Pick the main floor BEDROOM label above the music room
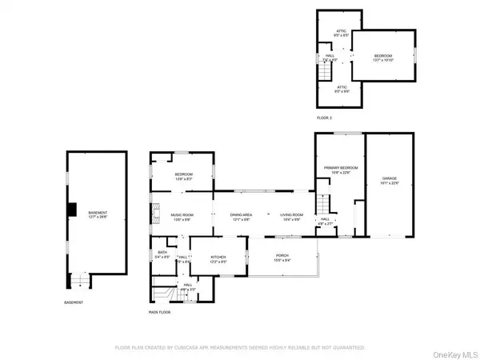pos(184,176)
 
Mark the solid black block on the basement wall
pos(71,210)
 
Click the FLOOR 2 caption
pos(323,118)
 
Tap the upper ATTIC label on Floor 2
pos(341,33)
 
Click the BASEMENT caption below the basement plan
pos(73,302)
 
